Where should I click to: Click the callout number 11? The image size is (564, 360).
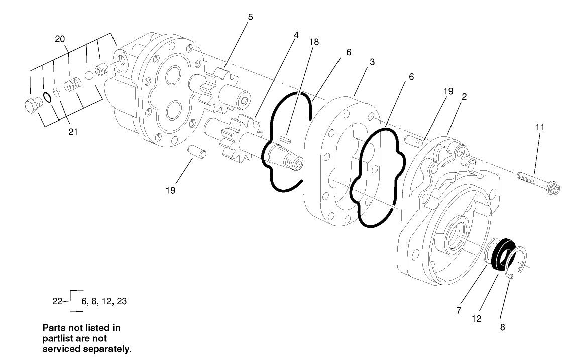540,127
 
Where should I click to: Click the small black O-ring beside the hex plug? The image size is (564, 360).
47,97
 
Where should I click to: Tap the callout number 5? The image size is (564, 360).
250,17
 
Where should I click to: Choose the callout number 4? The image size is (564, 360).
296,35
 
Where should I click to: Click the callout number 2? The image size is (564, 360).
464,97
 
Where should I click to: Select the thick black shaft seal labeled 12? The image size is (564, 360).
502,255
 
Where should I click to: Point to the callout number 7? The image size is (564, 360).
458,311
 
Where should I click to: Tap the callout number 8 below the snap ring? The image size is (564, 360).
502,327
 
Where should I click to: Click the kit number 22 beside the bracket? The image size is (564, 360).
57,301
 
